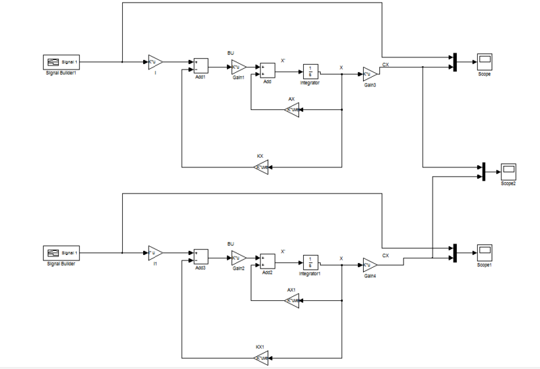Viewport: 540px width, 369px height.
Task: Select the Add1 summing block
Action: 200,65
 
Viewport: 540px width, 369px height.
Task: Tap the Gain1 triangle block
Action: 238,66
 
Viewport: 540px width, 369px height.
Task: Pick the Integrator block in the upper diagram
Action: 310,71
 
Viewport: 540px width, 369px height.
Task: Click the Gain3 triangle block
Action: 369,74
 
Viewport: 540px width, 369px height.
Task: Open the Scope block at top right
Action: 484,62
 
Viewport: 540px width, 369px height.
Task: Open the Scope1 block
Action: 484,253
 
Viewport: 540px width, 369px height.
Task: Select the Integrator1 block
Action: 310,262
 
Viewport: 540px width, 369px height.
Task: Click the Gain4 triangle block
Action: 369,264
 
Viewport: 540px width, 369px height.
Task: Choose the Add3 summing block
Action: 200,256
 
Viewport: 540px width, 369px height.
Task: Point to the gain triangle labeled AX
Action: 292,109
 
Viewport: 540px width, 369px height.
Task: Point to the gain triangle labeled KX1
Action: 261,357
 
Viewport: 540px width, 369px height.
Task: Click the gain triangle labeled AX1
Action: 292,300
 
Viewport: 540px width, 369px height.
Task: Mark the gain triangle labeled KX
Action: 261,167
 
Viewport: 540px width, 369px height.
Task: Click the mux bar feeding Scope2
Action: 485,171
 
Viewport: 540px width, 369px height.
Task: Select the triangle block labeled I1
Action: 155,253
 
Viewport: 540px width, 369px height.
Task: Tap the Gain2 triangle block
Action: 238,257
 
